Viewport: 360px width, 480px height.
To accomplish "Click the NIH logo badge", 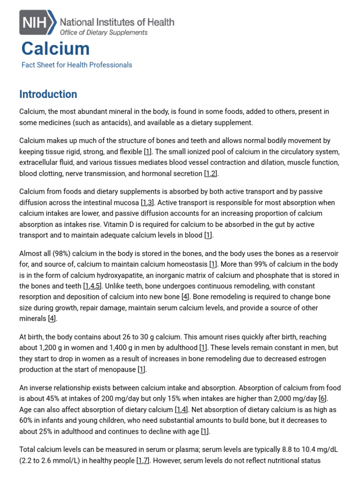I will click(x=37, y=22).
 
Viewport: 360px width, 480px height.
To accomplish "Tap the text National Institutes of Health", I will click(x=117, y=22).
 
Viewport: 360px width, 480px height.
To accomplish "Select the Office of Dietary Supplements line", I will click(x=103, y=32).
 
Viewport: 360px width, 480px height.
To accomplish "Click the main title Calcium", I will click(x=55, y=49).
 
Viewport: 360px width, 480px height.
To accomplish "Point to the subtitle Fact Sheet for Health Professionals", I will click(x=77, y=65).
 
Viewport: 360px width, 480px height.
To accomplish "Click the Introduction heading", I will click(x=48, y=94).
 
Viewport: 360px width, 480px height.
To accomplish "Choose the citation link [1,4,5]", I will click(x=92, y=286).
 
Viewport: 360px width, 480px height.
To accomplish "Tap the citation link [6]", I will click(x=322, y=398).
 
